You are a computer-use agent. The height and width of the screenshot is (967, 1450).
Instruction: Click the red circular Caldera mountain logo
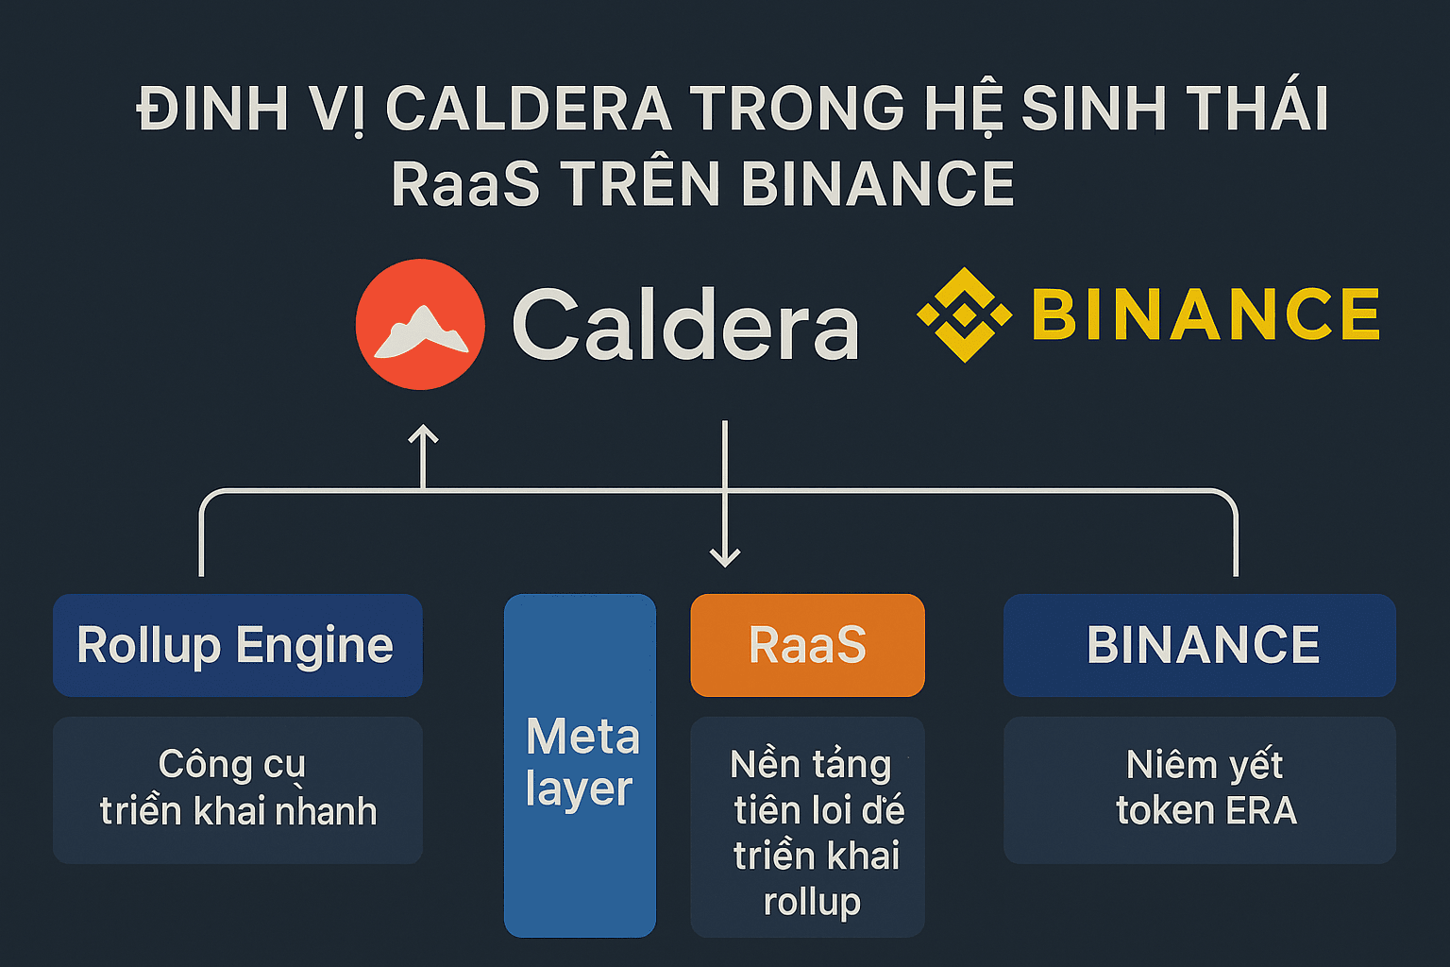pyautogui.click(x=420, y=325)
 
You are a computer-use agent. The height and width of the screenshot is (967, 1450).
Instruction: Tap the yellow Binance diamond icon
pyautogui.click(x=964, y=314)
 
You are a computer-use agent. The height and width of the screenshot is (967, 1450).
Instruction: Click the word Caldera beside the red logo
pyautogui.click(x=685, y=324)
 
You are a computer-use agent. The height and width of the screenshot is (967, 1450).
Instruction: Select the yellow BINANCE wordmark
pyautogui.click(x=1206, y=314)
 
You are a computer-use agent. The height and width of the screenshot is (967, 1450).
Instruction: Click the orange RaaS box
pyautogui.click(x=807, y=645)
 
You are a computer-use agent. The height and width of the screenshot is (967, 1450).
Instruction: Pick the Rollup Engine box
pyautogui.click(x=238, y=645)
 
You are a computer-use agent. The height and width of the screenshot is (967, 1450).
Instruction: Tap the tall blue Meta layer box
pyautogui.click(x=580, y=766)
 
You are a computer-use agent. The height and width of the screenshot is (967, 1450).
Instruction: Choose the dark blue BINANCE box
pyautogui.click(x=1200, y=645)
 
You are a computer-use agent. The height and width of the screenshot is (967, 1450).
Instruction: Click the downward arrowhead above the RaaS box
pyautogui.click(x=725, y=558)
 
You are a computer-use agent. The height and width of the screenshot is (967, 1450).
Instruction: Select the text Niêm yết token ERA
pyautogui.click(x=1206, y=788)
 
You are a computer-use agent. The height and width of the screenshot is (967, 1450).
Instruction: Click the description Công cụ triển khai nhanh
pyautogui.click(x=238, y=788)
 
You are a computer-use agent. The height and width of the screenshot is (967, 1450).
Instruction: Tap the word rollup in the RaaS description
pyautogui.click(x=812, y=902)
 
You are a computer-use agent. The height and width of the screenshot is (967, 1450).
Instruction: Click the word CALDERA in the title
pyautogui.click(x=529, y=109)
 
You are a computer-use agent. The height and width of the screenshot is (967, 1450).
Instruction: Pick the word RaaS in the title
pyautogui.click(x=465, y=184)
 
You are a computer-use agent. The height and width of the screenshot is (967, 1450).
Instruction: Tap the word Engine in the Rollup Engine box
pyautogui.click(x=314, y=646)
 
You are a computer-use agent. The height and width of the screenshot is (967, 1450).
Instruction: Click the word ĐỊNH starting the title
pyautogui.click(x=211, y=109)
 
